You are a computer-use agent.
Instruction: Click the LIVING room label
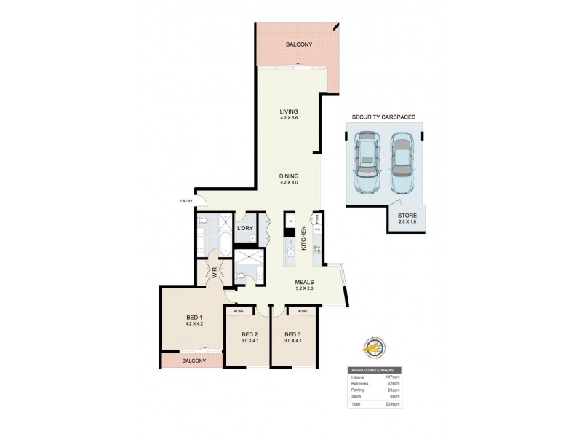(290, 112)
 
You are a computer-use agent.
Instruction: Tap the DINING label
(290, 176)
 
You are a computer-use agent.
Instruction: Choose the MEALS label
(304, 282)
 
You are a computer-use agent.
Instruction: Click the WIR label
(215, 275)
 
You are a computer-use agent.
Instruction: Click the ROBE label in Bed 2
(238, 311)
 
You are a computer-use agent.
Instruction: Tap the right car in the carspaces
(402, 162)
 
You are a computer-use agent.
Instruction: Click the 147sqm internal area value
(415, 377)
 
